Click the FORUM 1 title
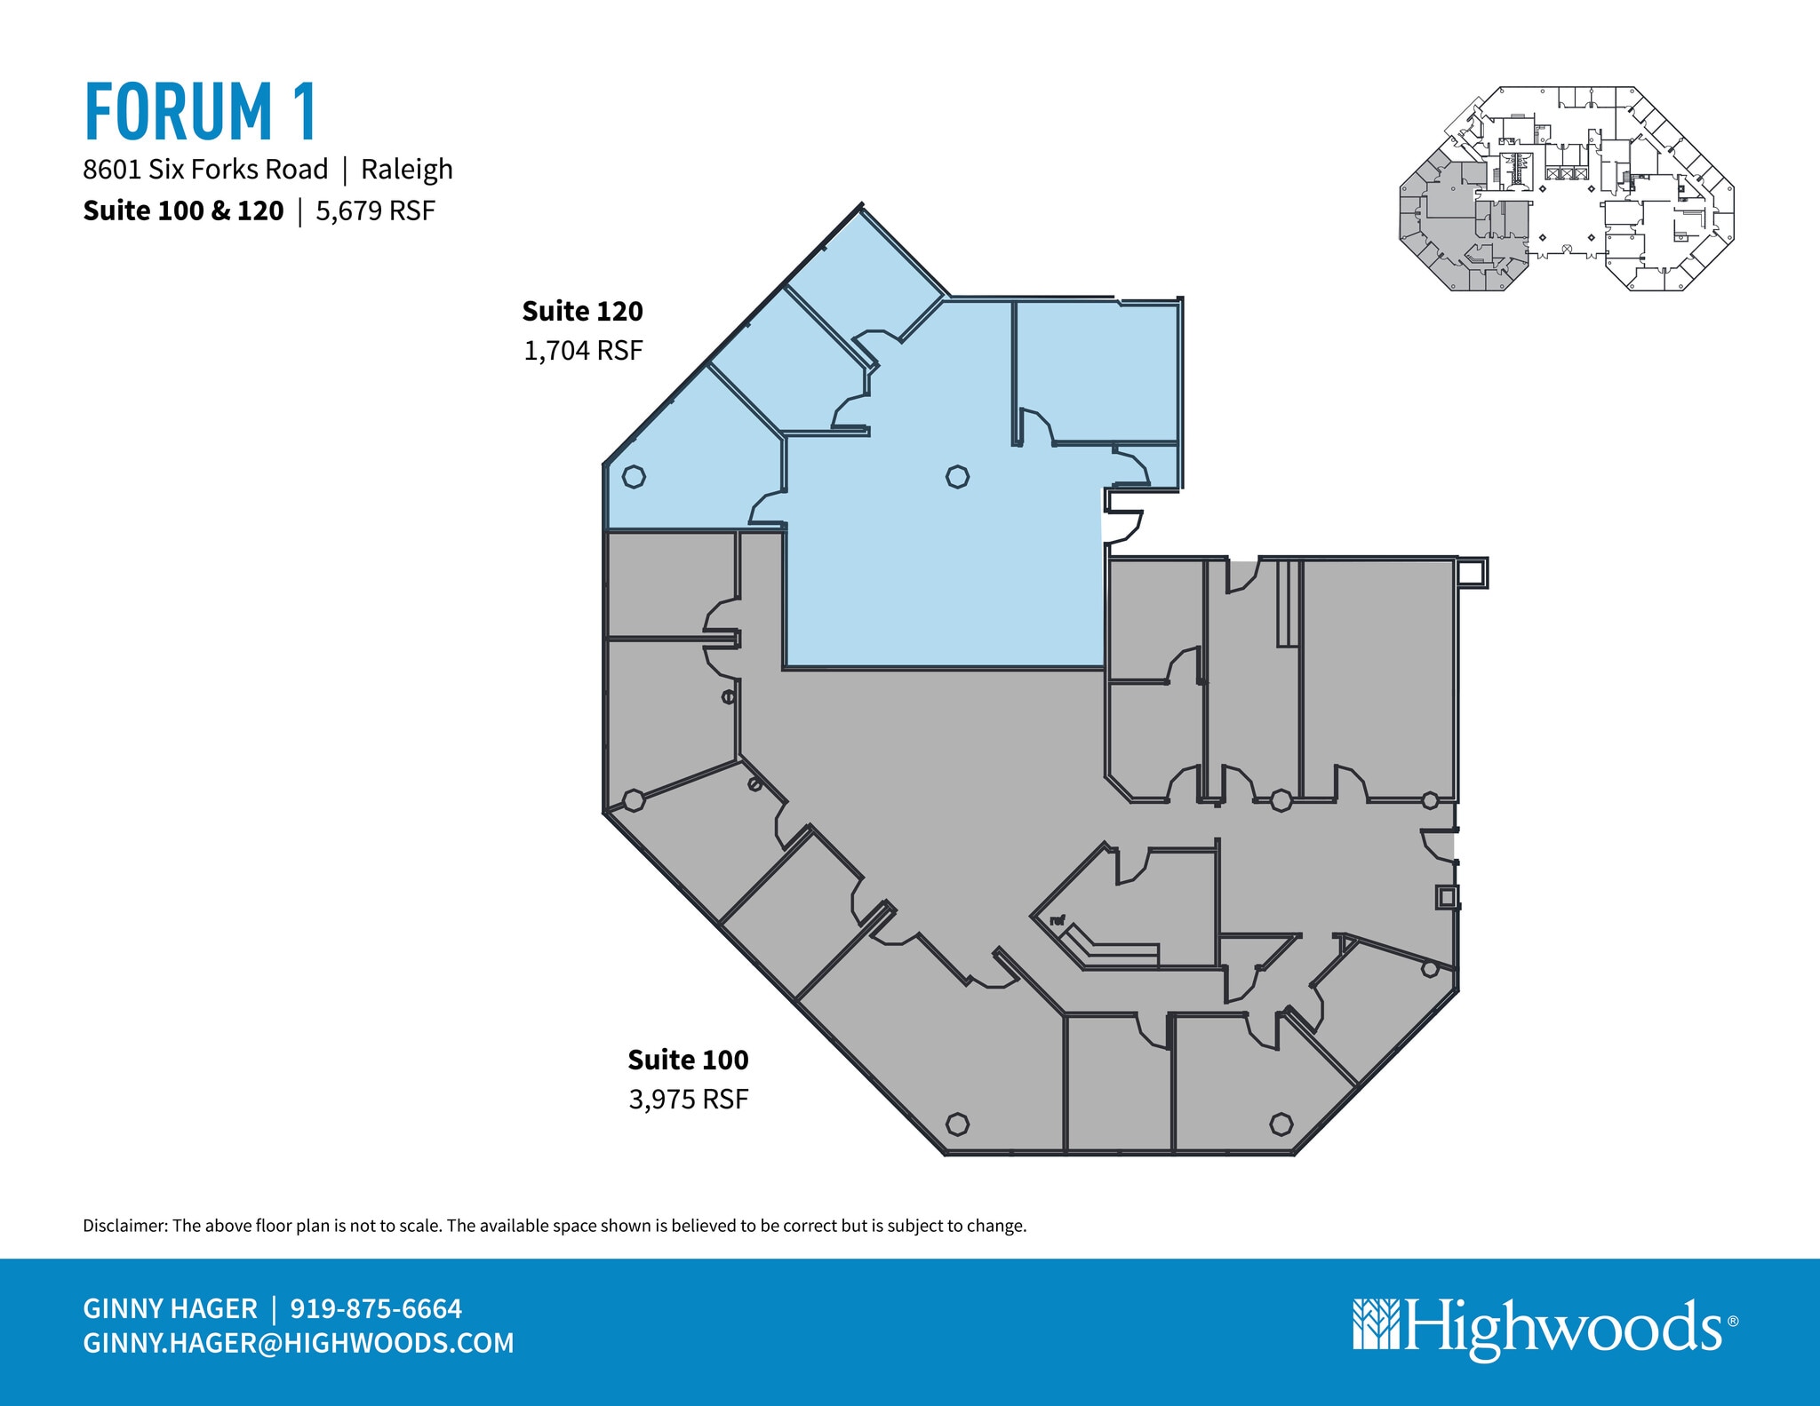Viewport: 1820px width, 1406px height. (x=201, y=112)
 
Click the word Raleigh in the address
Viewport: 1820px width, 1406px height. (x=407, y=169)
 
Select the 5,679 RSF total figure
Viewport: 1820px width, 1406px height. (x=375, y=211)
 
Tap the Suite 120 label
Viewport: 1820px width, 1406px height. (x=582, y=311)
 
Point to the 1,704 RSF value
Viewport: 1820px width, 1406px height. (x=583, y=351)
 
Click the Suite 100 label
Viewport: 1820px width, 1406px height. (x=688, y=1060)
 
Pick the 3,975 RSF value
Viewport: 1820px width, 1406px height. (x=689, y=1100)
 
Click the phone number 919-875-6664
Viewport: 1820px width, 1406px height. (x=376, y=1308)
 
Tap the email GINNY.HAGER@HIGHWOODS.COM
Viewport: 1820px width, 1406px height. (x=299, y=1343)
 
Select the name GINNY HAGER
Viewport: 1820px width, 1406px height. (x=170, y=1308)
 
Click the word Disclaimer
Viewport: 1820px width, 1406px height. (x=124, y=1226)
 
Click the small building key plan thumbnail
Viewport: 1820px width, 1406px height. (x=1567, y=189)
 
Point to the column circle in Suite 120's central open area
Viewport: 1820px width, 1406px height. (x=957, y=477)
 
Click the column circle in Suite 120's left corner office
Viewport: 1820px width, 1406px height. (x=634, y=477)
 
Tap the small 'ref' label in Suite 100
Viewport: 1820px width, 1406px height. (x=1058, y=921)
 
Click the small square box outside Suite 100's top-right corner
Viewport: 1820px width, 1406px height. (x=1473, y=573)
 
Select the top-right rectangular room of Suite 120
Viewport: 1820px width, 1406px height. (x=1097, y=372)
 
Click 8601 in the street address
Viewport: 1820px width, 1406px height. (x=112, y=169)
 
